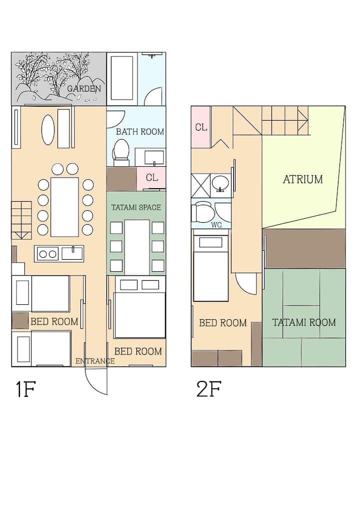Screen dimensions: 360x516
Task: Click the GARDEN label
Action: click(x=84, y=89)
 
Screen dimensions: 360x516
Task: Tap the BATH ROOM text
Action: click(x=139, y=132)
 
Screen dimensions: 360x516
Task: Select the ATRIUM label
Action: click(x=303, y=179)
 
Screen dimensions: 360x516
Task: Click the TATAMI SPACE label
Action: click(x=136, y=208)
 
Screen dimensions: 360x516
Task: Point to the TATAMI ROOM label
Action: click(x=304, y=322)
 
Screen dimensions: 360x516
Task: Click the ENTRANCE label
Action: click(x=95, y=361)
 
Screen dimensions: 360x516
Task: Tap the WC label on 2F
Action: click(x=216, y=225)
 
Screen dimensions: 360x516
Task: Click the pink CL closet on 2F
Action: click(x=201, y=127)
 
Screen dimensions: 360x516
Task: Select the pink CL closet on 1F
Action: click(x=151, y=178)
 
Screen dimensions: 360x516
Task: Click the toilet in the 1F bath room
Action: click(x=120, y=152)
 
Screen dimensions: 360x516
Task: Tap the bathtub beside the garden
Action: click(x=122, y=78)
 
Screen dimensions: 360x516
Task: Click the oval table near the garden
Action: click(x=47, y=129)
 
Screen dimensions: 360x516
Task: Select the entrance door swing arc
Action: click(x=93, y=383)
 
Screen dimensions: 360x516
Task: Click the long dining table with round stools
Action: click(x=64, y=207)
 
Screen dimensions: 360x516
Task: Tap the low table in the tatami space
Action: click(x=137, y=247)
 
